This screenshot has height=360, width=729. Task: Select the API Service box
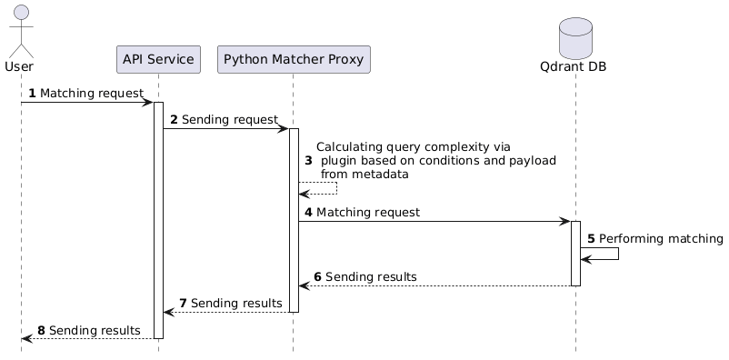pos(158,60)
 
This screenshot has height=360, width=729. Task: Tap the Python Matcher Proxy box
pos(294,60)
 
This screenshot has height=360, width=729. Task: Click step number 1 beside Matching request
pos(32,94)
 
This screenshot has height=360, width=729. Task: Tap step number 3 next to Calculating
pos(308,160)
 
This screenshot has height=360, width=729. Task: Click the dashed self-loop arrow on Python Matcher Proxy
pos(335,188)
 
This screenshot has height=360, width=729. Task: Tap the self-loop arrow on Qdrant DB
pos(617,254)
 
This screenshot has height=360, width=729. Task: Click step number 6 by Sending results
pos(317,276)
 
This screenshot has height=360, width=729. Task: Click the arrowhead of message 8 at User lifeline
pos(25,338)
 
